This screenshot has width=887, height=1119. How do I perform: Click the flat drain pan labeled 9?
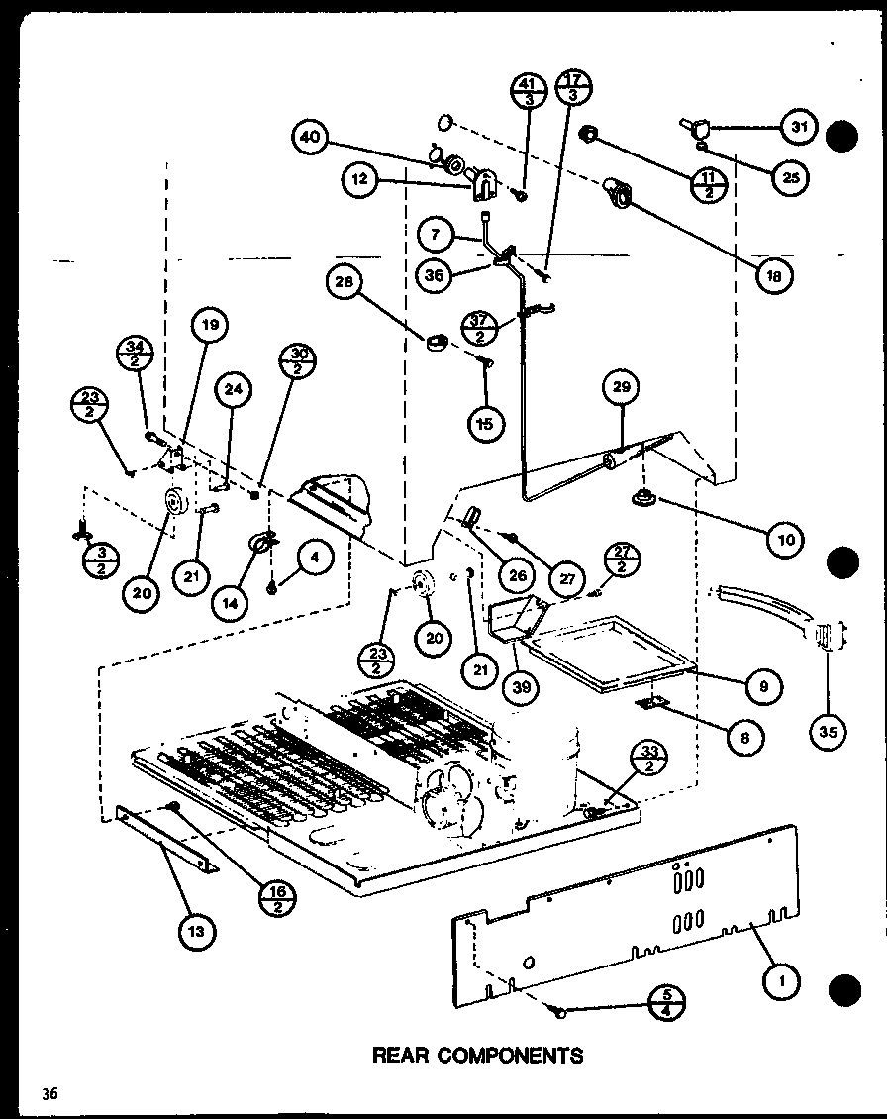click(604, 650)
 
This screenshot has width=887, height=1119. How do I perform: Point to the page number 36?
click(49, 1093)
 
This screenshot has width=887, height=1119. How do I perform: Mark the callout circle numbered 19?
click(211, 325)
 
